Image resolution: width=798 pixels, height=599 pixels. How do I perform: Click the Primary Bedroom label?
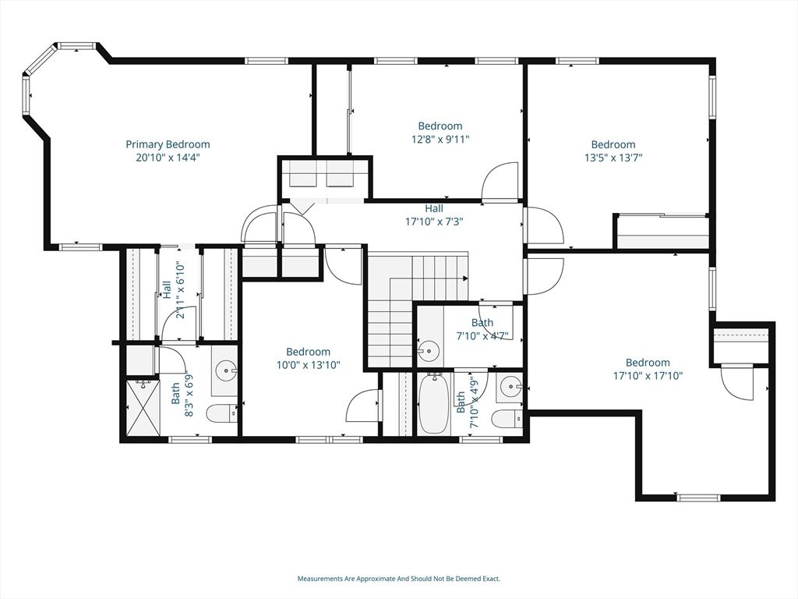tap(168, 144)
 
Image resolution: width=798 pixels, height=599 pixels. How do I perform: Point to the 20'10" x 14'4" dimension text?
tap(168, 157)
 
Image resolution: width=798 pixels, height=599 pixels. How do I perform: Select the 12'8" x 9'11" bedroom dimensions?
tap(440, 139)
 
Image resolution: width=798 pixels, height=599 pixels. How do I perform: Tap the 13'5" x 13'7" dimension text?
tap(613, 157)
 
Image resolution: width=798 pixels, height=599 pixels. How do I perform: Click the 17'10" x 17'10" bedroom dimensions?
tap(648, 375)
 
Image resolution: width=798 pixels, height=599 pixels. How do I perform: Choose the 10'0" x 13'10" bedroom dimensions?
tap(308, 364)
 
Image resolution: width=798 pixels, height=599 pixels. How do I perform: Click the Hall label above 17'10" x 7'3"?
tap(434, 208)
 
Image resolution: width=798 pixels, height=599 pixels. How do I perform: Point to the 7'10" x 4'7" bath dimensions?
tap(482, 336)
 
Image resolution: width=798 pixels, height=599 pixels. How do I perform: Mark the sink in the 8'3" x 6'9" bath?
tap(225, 368)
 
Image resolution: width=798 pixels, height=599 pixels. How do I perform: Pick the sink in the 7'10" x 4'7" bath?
tap(429, 352)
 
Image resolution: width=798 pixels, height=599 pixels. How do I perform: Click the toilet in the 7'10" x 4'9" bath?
tap(507, 419)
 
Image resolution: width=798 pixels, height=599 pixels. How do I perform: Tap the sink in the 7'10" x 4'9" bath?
tap(510, 385)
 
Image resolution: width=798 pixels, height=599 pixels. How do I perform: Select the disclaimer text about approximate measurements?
tap(398, 579)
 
